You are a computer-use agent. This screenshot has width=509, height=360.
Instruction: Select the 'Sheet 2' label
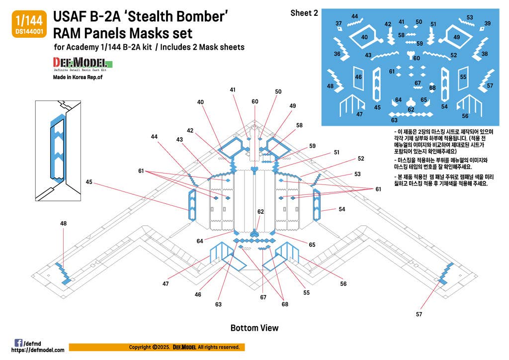click(304, 13)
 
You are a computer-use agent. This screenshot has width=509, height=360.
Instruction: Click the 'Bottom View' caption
click(254, 328)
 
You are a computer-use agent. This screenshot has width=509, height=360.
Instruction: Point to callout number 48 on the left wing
click(64, 224)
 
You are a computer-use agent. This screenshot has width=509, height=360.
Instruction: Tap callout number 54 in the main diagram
click(341, 209)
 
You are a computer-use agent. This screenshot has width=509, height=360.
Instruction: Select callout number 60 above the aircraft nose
click(255, 101)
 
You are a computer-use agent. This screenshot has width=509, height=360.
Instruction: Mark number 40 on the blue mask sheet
click(364, 37)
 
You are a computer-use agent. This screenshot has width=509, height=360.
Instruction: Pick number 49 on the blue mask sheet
click(457, 37)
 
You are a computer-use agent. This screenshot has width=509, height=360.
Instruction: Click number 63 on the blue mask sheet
click(394, 120)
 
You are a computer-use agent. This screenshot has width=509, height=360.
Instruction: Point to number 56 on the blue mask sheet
click(465, 116)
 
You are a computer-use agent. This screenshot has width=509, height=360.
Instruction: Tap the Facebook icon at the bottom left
click(18, 343)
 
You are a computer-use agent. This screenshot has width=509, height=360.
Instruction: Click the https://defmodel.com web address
click(38, 350)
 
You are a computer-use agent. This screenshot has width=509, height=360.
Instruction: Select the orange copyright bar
click(156, 347)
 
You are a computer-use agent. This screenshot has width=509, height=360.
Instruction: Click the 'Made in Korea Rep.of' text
click(79, 78)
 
